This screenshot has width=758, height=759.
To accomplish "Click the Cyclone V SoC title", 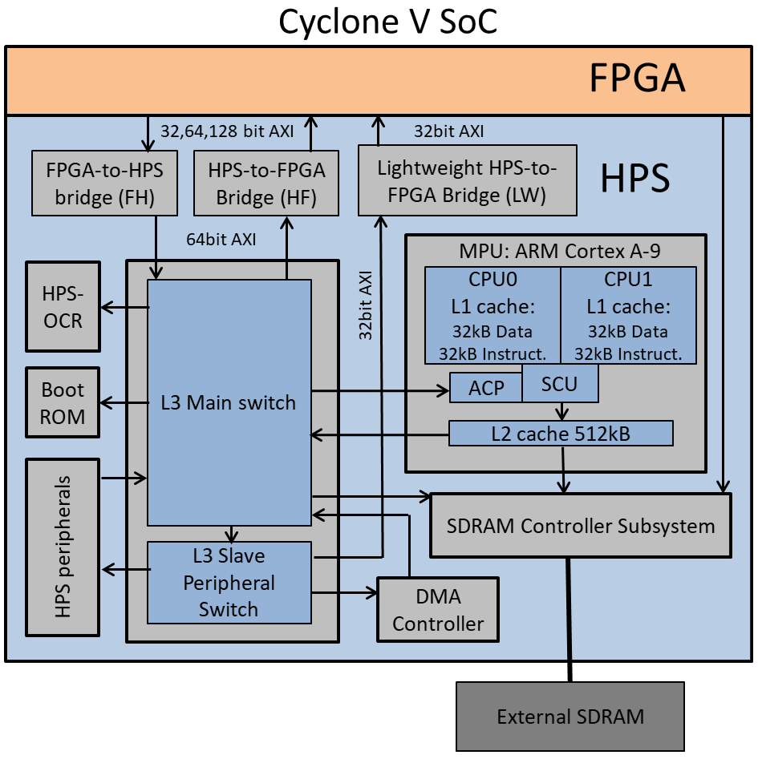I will (387, 22).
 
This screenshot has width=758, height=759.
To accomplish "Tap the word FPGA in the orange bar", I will (637, 79).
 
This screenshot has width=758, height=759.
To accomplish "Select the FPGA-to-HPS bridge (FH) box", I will (104, 183).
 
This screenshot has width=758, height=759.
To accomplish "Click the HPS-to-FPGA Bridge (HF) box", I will (266, 183).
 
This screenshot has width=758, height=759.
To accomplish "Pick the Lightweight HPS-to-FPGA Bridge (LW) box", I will (467, 180).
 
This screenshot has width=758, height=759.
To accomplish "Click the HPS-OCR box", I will (63, 306).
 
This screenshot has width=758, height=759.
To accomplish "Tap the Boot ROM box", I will (63, 402).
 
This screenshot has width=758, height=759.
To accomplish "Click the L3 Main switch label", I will (229, 402).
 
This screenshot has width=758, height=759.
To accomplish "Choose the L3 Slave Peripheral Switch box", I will (229, 583).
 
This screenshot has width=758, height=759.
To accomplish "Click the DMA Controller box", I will (437, 609).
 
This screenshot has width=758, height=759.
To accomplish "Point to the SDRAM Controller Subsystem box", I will (581, 526).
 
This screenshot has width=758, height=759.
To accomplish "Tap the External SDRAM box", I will (570, 716).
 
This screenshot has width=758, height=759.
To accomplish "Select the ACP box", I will (485, 388).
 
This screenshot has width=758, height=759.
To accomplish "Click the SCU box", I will (559, 384).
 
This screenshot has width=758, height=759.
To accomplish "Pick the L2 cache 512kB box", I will (560, 434).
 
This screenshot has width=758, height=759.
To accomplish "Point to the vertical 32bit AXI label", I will (366, 305).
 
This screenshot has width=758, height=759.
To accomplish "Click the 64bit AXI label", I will (221, 238).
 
